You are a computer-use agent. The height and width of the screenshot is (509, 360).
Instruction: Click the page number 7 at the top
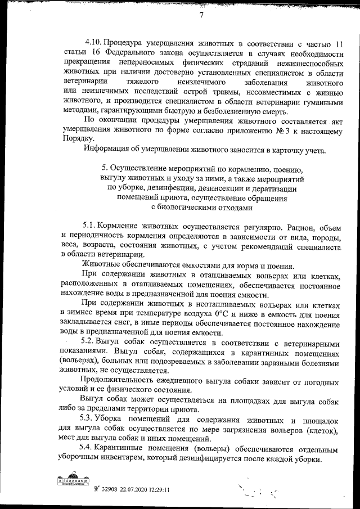pyautogui.click(x=201, y=15)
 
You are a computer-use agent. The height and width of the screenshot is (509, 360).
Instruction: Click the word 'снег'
pyautogui.click(x=119, y=323)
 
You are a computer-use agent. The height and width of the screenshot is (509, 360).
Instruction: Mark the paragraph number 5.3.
pyautogui.click(x=89, y=421)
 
